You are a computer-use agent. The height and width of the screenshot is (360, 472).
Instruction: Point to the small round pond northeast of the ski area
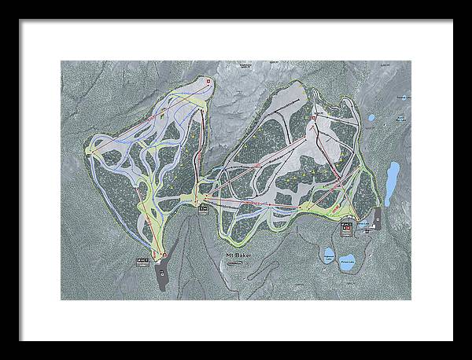point(371,119)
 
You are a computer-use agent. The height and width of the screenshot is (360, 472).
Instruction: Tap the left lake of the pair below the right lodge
point(326,255)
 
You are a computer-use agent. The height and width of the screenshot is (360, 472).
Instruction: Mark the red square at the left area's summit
point(207,80)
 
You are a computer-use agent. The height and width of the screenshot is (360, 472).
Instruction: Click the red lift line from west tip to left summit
point(146,118)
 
